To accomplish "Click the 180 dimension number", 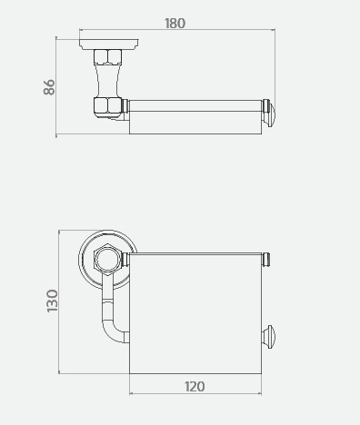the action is [x=175, y=24].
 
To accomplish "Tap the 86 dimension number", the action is [x=49, y=87].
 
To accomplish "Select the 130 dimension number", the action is [x=52, y=301].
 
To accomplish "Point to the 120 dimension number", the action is [x=195, y=387].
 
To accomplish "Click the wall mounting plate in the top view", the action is [x=109, y=44].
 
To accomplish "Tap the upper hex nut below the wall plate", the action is [x=107, y=56].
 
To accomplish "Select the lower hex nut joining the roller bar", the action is [x=107, y=106].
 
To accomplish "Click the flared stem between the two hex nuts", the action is [x=107, y=80].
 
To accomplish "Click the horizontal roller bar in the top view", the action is [x=195, y=105].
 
